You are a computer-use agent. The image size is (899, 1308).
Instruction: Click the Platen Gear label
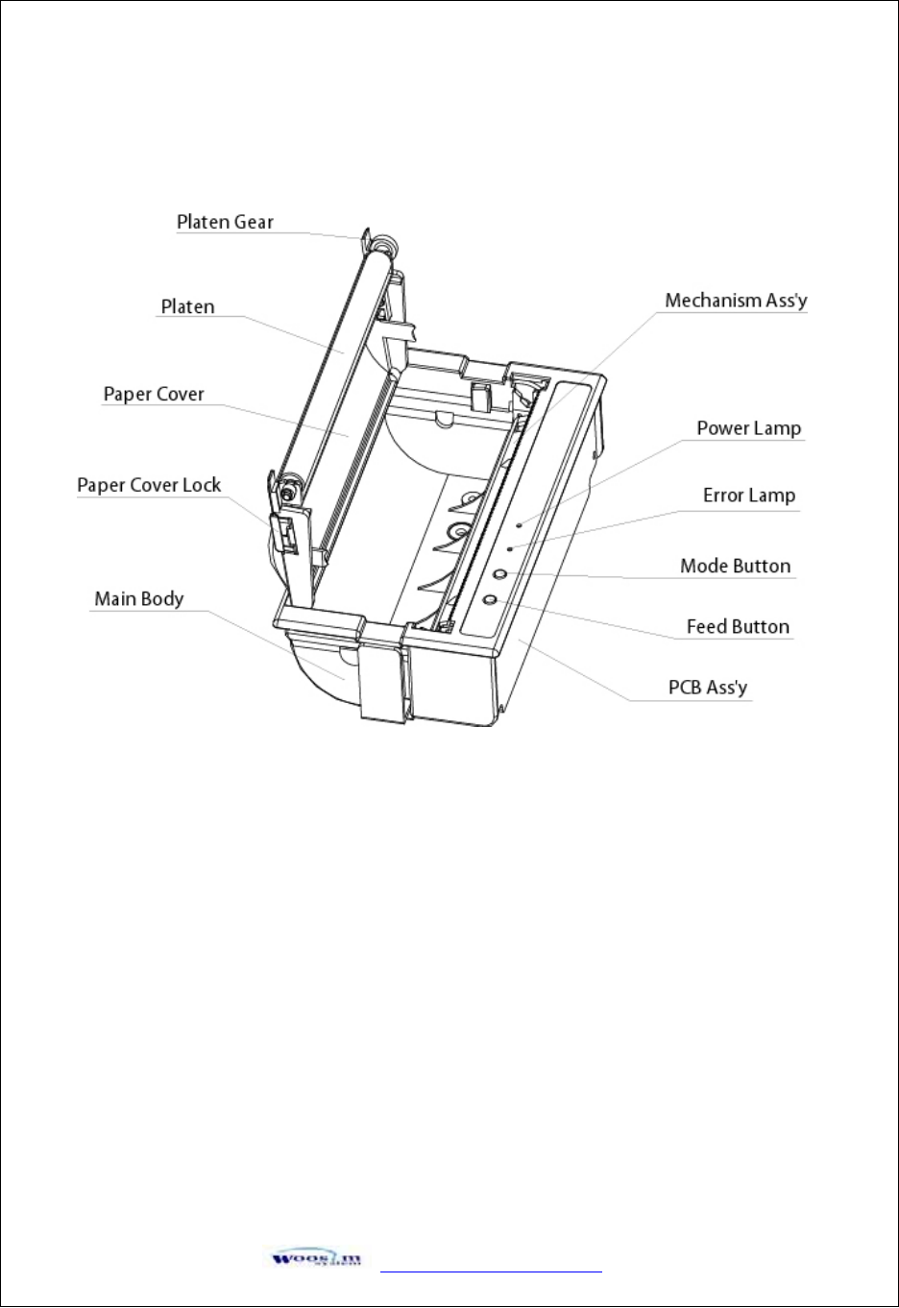click(x=225, y=222)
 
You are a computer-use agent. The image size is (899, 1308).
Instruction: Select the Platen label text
click(x=187, y=307)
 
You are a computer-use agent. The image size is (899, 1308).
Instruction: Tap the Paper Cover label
click(x=154, y=395)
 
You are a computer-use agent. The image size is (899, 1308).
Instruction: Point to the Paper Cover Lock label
click(x=149, y=485)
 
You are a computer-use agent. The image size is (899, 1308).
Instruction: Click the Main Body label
click(x=138, y=599)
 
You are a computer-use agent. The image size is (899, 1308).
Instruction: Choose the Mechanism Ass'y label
click(x=736, y=301)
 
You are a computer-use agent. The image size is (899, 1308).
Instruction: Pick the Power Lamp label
click(x=748, y=428)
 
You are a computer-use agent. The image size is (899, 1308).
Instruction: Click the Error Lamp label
click(x=748, y=496)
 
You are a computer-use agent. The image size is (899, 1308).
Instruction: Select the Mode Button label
click(x=735, y=567)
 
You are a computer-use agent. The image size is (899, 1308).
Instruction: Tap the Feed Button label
click(x=737, y=627)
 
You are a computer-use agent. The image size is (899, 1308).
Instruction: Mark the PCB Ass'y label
click(x=707, y=688)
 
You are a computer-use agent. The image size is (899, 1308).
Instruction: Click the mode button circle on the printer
click(x=499, y=573)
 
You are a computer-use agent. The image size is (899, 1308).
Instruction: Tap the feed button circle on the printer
click(x=489, y=599)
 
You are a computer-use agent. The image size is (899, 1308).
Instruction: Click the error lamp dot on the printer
click(x=509, y=548)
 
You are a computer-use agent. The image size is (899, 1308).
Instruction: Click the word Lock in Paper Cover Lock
click(x=202, y=485)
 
